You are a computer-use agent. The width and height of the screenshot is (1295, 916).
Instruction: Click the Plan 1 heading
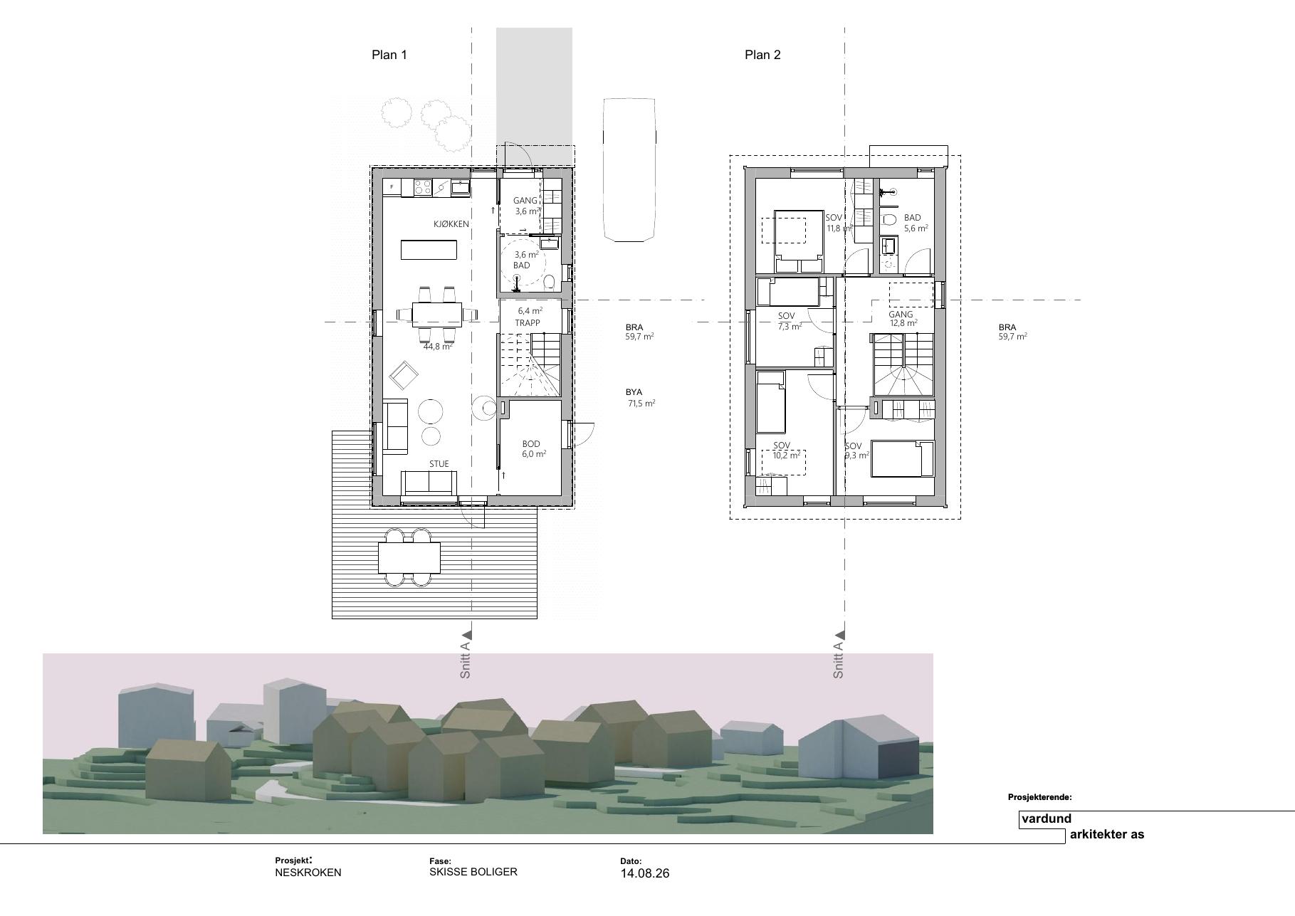[x=389, y=55]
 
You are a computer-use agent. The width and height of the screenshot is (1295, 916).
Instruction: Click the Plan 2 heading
[x=762, y=55]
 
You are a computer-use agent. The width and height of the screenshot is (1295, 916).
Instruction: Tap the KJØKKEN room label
[x=451, y=224]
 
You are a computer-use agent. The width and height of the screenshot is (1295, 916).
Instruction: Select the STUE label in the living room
[x=439, y=464]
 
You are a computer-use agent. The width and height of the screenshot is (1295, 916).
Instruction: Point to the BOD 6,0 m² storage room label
[x=534, y=449]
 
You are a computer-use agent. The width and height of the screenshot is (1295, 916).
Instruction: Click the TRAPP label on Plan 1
[x=528, y=323]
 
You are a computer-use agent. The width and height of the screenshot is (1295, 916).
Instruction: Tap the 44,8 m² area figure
[x=438, y=347]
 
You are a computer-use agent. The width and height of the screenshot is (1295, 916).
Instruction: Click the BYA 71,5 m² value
[x=641, y=398]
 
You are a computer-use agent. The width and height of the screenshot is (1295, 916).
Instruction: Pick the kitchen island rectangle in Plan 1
[x=429, y=250]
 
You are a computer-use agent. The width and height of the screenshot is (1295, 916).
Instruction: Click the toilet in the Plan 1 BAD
[x=549, y=283]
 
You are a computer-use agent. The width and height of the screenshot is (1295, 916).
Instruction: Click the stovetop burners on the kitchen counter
[x=423, y=187]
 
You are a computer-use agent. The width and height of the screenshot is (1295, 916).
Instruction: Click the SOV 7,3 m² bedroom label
[x=788, y=321]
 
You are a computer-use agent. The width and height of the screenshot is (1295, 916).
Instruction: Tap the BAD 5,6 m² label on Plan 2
[x=916, y=223]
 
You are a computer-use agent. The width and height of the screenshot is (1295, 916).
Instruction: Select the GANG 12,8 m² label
[x=903, y=319]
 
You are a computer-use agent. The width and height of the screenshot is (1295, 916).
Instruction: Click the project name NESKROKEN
[x=308, y=873]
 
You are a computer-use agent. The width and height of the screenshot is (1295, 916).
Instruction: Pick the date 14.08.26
[x=645, y=873]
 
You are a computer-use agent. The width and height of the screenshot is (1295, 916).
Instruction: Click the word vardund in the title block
[x=1047, y=818]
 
